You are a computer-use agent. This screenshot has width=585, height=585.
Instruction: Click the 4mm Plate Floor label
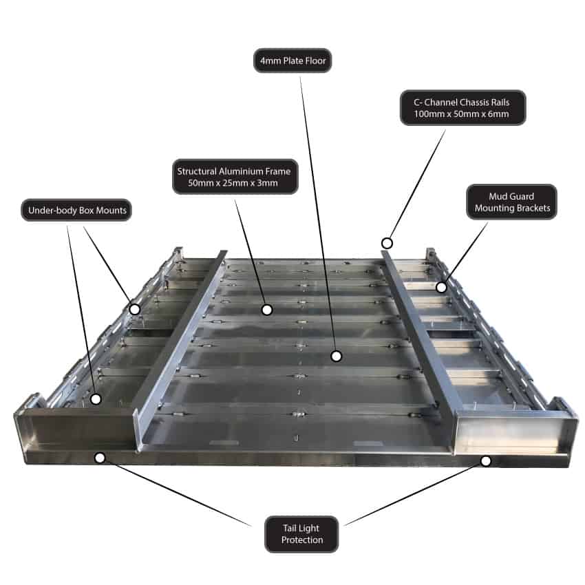pyautogui.click(x=292, y=61)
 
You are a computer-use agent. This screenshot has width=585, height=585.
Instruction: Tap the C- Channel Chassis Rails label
pyautogui.click(x=462, y=107)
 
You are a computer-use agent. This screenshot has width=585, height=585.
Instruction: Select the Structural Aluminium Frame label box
pyautogui.click(x=235, y=177)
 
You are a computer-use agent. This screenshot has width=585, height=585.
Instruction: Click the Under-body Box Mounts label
pyautogui.click(x=76, y=210)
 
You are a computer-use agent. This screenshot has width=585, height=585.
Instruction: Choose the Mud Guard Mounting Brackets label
pyautogui.click(x=511, y=202)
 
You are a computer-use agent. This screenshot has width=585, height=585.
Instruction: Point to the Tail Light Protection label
pyautogui.click(x=301, y=534)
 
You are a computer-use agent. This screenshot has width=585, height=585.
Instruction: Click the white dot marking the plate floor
pyautogui.click(x=336, y=356)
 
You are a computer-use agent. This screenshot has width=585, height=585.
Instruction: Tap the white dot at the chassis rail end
pyautogui.click(x=387, y=243)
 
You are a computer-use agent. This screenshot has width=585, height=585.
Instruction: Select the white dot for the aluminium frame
pyautogui.click(x=267, y=310)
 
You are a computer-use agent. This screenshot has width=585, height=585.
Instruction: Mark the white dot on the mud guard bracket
pyautogui.click(x=440, y=287)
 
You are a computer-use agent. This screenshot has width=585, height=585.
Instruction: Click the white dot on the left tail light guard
pyautogui.click(x=100, y=457)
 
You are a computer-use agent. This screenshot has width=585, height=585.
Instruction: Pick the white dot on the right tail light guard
pyautogui.click(x=486, y=460)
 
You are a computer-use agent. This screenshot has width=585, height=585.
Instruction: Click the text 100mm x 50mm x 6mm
pyautogui.click(x=462, y=114)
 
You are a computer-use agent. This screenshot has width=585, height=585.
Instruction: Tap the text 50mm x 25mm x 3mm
pyautogui.click(x=235, y=184)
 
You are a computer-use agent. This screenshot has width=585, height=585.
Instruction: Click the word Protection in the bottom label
pyautogui.click(x=301, y=540)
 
